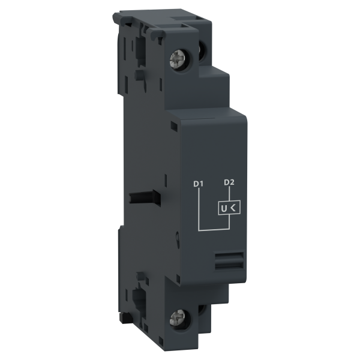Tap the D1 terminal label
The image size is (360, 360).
pyautogui.click(x=199, y=184)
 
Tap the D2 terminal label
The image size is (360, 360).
pyautogui.click(x=229, y=182)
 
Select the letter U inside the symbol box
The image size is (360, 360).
pyautogui.click(x=224, y=209)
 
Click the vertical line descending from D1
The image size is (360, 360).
pyautogui.click(x=199, y=209)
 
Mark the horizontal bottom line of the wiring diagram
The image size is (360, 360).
pyautogui.click(x=214, y=229)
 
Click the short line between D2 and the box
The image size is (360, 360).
pyautogui.click(x=229, y=193)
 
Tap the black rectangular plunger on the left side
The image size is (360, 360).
pyautogui.click(x=145, y=197)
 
